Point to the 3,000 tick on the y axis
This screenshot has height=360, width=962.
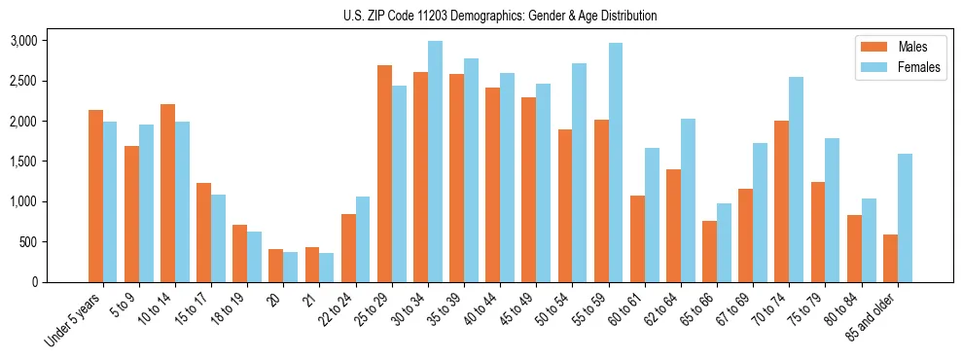pyautogui.click(x=23, y=41)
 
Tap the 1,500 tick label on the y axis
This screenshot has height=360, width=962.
pyautogui.click(x=23, y=162)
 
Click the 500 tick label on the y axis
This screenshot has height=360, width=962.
pyautogui.click(x=29, y=242)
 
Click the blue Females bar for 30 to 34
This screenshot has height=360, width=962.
pyautogui.click(x=435, y=162)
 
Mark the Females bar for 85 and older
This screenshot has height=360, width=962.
pyautogui.click(x=905, y=218)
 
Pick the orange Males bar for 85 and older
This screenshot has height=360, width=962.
pyautogui.click(x=890, y=258)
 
